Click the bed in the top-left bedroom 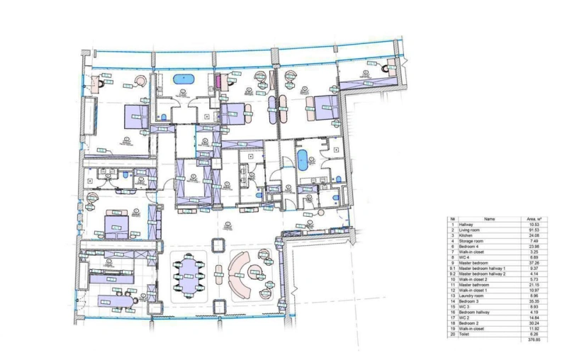(135, 115)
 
